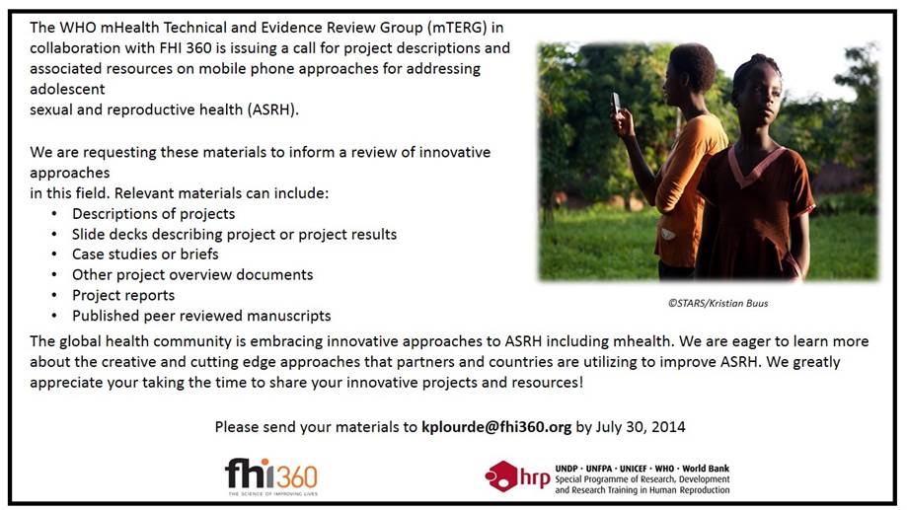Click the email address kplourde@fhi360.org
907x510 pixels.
point(496,427)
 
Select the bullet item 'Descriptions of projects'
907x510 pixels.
point(153,213)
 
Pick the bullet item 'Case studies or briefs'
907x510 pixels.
point(145,254)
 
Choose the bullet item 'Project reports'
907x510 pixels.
point(123,295)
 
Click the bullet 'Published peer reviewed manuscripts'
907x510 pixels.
point(201,316)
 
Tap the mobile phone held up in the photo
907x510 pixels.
point(616,103)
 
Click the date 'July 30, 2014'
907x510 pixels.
point(641,427)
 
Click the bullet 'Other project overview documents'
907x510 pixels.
point(192,274)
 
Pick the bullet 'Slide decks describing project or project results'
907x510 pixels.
point(234,234)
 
